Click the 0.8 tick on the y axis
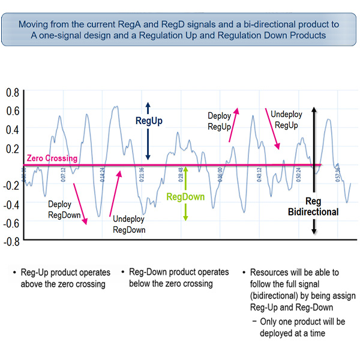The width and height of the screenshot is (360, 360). [x=12, y=92]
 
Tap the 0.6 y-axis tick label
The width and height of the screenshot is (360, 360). [x=12, y=111]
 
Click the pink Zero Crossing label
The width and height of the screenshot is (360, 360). [x=52, y=159]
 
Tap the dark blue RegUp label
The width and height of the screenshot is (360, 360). [x=149, y=121]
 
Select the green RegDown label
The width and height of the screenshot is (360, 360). [x=185, y=197]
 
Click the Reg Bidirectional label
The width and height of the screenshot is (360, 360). [x=313, y=206]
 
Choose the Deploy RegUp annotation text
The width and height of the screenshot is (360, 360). [x=219, y=121]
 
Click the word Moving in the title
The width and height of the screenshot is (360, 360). [x=34, y=25]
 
